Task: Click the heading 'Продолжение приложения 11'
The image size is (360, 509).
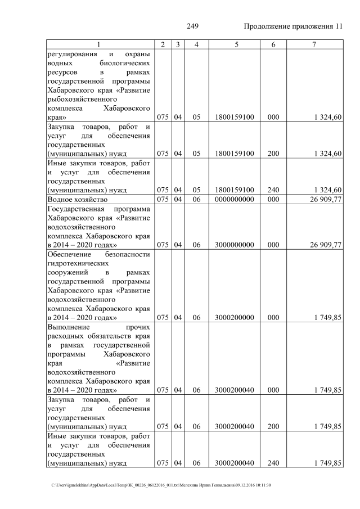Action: [293, 26]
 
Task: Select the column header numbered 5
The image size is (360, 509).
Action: [235, 44]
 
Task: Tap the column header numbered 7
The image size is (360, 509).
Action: [314, 44]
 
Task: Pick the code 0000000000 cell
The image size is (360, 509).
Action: [235, 199]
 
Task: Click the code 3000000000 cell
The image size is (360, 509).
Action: [235, 245]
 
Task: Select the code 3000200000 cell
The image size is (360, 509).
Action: [235, 317]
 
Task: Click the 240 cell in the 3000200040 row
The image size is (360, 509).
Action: [273, 463]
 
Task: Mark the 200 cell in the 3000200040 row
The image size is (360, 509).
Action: [273, 426]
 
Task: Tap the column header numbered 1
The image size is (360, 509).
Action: [98, 44]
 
